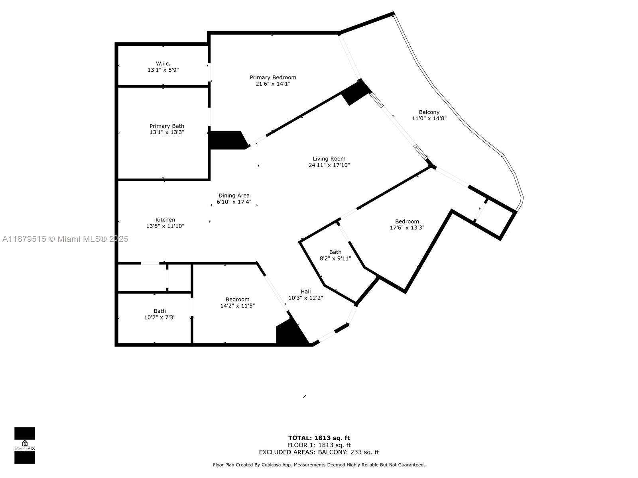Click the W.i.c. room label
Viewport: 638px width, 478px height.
point(163,63)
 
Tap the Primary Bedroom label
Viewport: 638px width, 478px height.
point(273,77)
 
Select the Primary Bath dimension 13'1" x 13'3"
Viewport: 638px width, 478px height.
point(167,132)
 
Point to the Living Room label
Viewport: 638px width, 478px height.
point(329,159)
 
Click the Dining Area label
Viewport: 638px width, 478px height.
point(234,196)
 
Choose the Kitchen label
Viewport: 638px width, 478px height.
point(165,219)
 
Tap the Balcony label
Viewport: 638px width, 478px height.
point(429,112)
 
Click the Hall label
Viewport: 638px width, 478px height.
point(305,292)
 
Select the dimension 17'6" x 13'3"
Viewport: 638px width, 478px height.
point(407,228)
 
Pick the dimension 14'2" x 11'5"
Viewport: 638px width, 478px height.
point(237,306)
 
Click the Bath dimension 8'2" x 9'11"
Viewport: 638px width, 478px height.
point(335,259)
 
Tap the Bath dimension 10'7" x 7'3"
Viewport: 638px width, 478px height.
point(159,317)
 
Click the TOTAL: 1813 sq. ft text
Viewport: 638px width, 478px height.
point(319,438)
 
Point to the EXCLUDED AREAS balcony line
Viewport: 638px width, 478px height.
point(319,452)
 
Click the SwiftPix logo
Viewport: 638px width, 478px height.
point(25,445)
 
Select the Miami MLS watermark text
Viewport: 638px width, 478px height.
point(65,239)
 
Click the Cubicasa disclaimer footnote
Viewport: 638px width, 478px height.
point(319,465)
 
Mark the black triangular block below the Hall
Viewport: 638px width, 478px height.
point(289,334)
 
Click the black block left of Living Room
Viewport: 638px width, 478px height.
point(226,140)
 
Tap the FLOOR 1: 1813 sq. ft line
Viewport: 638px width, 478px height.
point(319,445)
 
